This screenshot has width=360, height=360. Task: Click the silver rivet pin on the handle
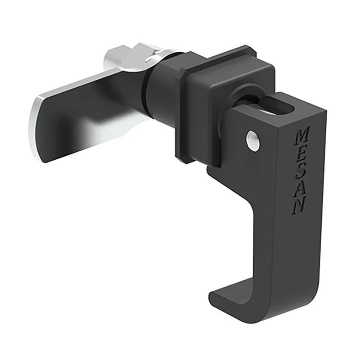(253, 140)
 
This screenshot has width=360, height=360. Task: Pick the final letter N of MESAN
(298, 207)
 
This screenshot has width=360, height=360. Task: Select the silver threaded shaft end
(119, 55)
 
